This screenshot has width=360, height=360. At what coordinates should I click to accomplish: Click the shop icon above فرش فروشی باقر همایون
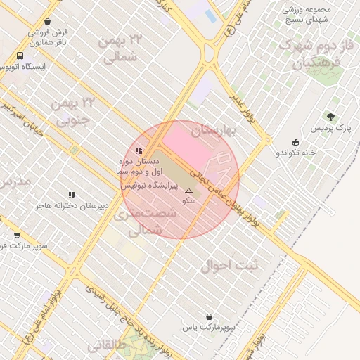(x=47, y=22)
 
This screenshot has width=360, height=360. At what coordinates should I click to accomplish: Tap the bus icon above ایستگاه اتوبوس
(x=20, y=56)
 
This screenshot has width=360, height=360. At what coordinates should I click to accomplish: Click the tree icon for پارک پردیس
(x=330, y=117)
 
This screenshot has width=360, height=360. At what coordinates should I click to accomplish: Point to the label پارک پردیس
(x=333, y=128)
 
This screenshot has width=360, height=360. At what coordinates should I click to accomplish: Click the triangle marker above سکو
(x=188, y=191)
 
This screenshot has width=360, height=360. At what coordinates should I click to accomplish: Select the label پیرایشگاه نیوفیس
(x=151, y=186)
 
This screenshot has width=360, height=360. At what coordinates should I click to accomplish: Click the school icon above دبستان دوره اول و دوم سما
(x=139, y=150)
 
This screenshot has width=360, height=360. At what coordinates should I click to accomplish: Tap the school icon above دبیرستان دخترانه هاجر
(x=72, y=195)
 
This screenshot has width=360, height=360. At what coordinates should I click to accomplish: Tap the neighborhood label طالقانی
(x=108, y=347)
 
